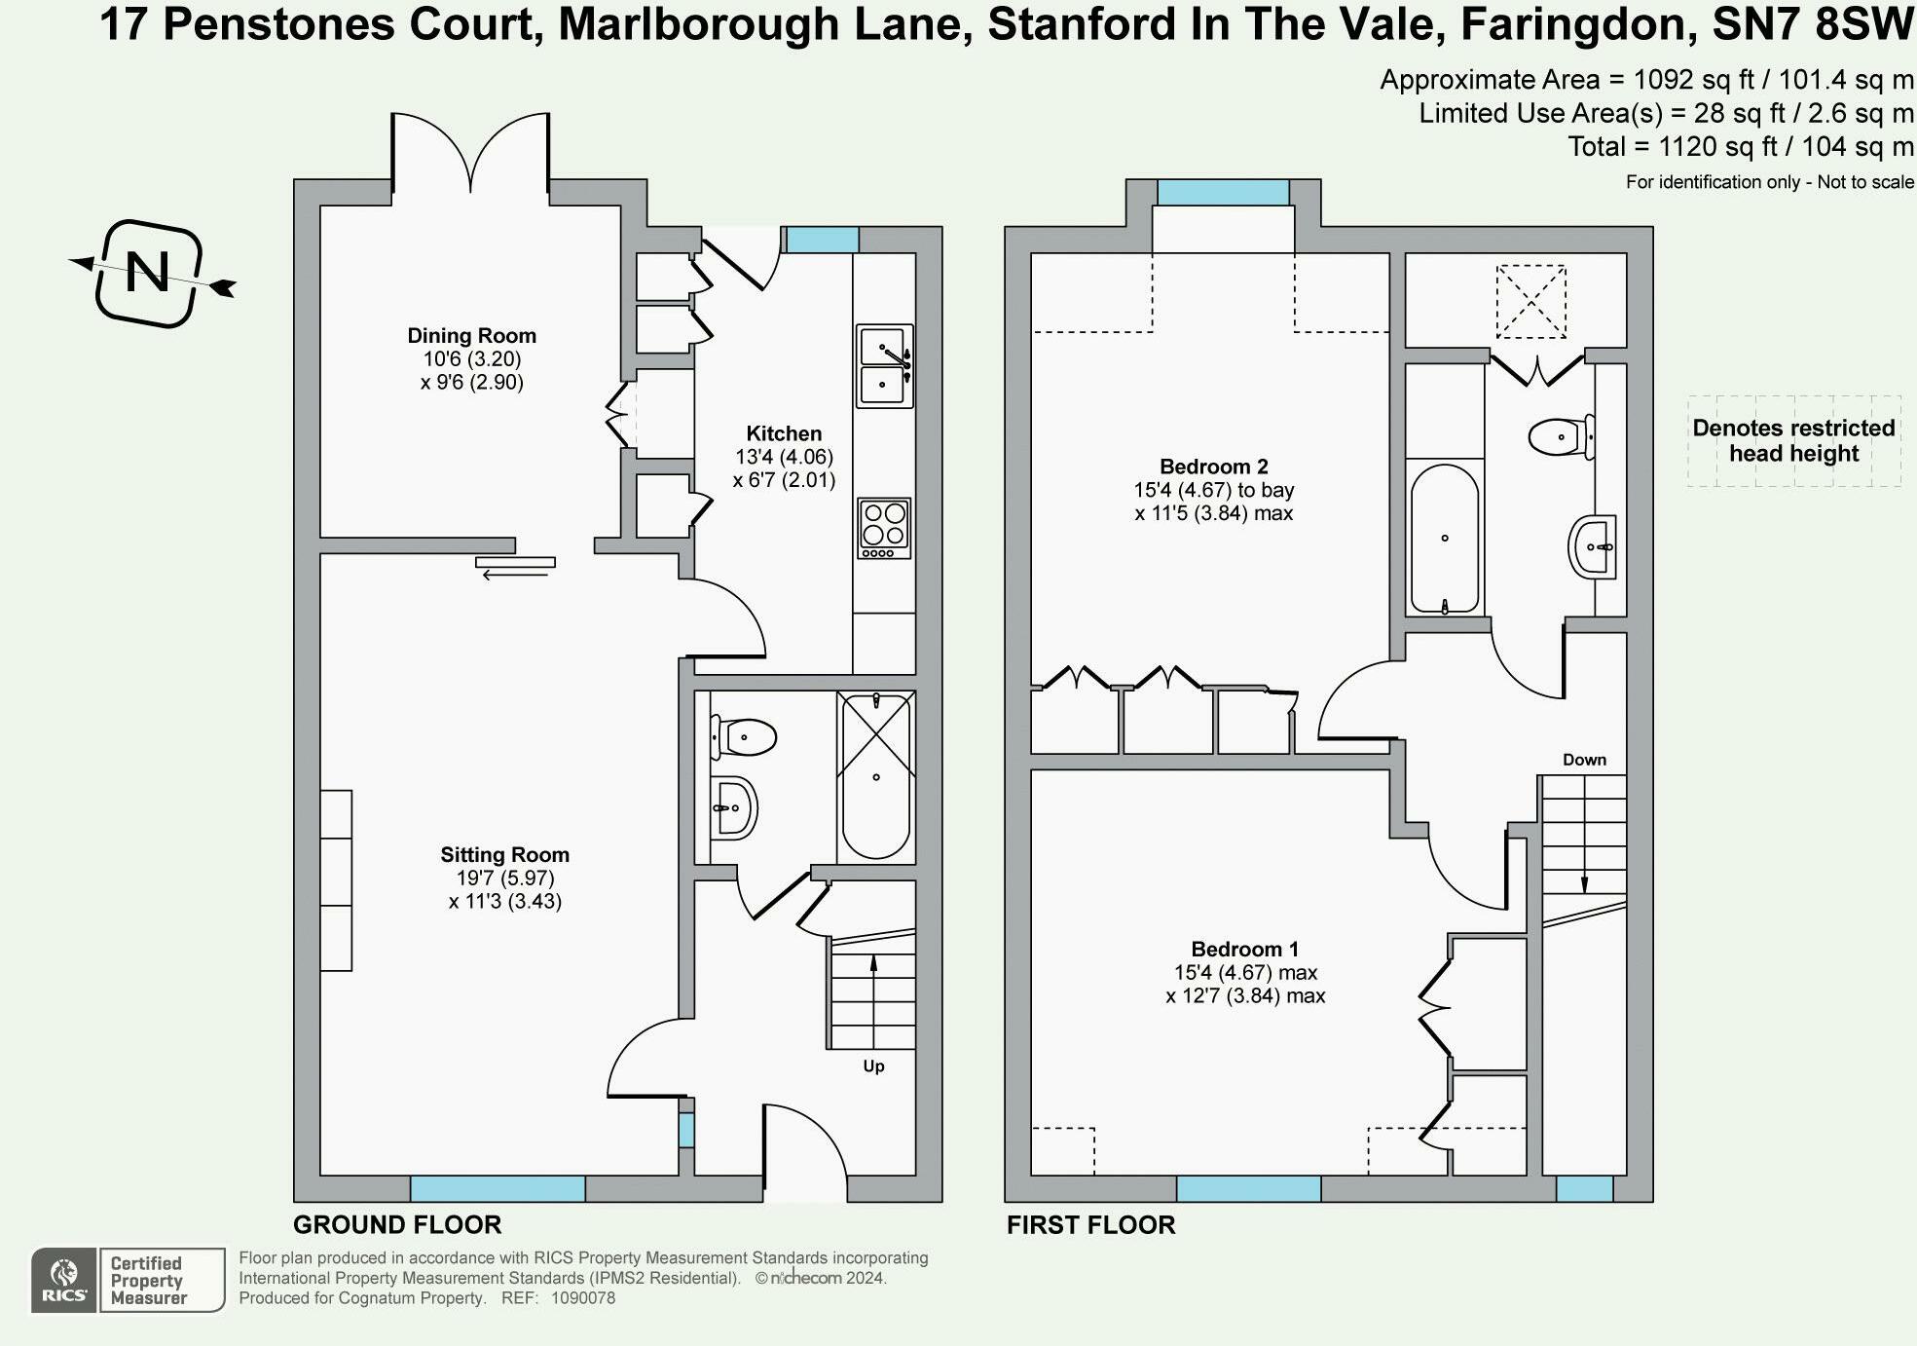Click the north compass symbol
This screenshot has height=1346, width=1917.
pyautogui.click(x=149, y=273)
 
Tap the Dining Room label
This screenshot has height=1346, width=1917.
pyautogui.click(x=471, y=336)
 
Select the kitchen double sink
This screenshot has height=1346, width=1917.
pyautogui.click(x=884, y=365)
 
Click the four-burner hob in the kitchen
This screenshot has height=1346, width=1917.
pyautogui.click(x=884, y=527)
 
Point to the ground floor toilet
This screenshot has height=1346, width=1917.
pyautogui.click(x=745, y=737)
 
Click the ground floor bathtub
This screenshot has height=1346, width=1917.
pyautogui.click(x=875, y=776)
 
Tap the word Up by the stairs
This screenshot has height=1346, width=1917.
pyautogui.click(x=873, y=1066)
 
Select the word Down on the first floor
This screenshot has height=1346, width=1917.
pyautogui.click(x=1584, y=760)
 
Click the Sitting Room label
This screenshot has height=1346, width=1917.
pyautogui.click(x=504, y=855)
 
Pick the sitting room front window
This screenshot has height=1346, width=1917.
pyautogui.click(x=497, y=1188)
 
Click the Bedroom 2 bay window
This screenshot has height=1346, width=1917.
pyautogui.click(x=1223, y=192)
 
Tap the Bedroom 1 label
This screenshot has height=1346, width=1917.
pyautogui.click(x=1244, y=949)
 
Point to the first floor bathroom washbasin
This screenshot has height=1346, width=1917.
pyautogui.click(x=1593, y=546)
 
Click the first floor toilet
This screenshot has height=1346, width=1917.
pyautogui.click(x=1561, y=436)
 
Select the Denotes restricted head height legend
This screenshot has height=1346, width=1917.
pyautogui.click(x=1793, y=441)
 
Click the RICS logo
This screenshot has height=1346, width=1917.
pyautogui.click(x=64, y=1281)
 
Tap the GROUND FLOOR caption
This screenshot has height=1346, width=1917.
pyautogui.click(x=397, y=1225)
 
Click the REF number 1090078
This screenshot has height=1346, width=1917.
pyautogui.click(x=582, y=1298)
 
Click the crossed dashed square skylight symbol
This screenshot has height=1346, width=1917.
pyautogui.click(x=1530, y=302)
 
